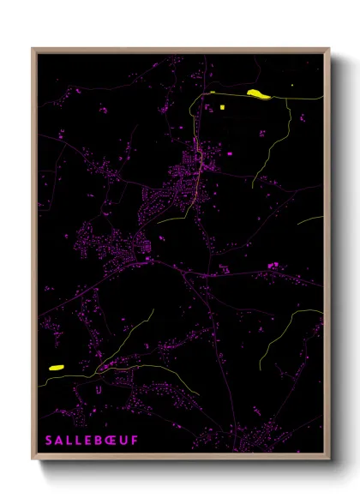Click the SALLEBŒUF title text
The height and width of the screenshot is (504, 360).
(92, 441)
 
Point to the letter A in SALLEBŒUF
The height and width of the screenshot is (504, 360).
(60, 441)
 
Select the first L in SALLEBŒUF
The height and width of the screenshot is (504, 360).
(70, 441)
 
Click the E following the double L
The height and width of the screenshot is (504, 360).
(89, 441)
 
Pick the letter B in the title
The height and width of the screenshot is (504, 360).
(99, 441)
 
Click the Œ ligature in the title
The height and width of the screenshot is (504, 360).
(112, 441)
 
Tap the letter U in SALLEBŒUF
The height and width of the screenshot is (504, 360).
(124, 441)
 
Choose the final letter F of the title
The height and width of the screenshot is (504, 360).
(135, 441)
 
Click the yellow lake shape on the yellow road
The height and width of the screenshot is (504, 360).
(256, 93)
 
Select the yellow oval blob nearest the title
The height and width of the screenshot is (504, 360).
(57, 367)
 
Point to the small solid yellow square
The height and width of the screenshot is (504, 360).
(221, 107)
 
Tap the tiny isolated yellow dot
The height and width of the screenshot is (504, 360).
(292, 86)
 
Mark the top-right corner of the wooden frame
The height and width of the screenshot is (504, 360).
(328, 49)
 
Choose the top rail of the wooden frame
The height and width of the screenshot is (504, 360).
(180, 49)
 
